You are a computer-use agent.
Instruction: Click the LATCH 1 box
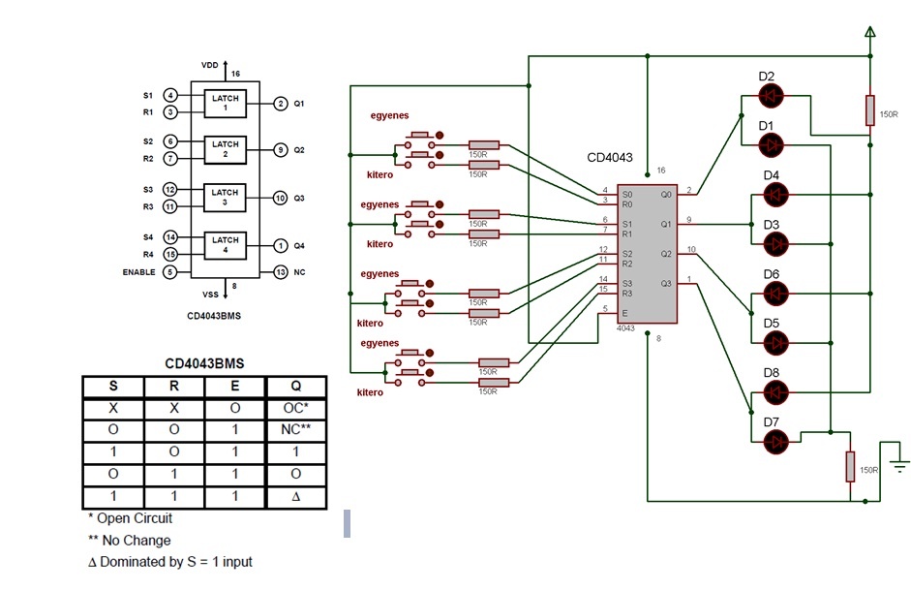tap(226, 104)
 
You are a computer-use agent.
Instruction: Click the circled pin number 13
tap(280, 272)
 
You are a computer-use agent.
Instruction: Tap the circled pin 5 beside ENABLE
tap(170, 272)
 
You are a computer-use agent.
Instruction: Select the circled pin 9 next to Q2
tap(280, 150)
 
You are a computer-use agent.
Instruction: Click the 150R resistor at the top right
tap(869, 110)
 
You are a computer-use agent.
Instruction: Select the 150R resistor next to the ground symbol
tap(850, 467)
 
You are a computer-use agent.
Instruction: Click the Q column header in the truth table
tap(297, 386)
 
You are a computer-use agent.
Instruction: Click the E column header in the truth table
tap(236, 386)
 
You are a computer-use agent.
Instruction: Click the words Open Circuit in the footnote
tap(135, 518)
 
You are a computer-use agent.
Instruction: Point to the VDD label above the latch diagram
tap(210, 65)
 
